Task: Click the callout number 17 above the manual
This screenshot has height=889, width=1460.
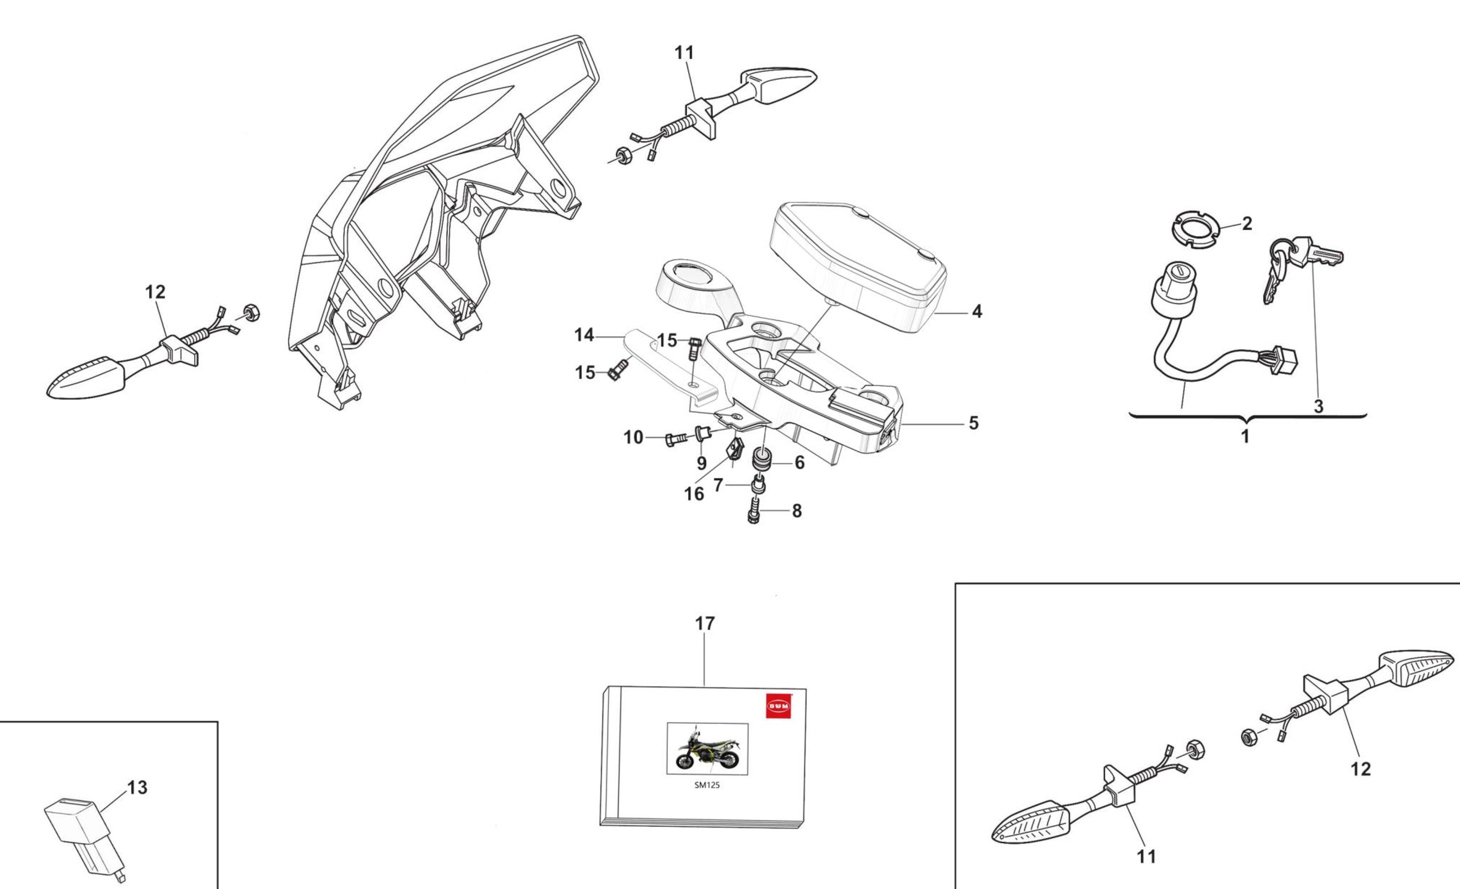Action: pyautogui.click(x=704, y=624)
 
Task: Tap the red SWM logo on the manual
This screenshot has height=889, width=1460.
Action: pyautogui.click(x=778, y=705)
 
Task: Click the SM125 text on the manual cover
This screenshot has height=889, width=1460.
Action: pyautogui.click(x=707, y=786)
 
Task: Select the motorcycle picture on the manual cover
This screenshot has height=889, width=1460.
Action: pyautogui.click(x=707, y=749)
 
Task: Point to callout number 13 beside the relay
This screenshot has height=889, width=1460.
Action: pyautogui.click(x=137, y=788)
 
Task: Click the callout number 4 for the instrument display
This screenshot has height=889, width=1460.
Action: pyautogui.click(x=977, y=311)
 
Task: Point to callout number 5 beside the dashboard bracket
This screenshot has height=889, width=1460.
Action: pyautogui.click(x=974, y=423)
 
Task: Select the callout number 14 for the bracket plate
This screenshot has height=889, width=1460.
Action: pyautogui.click(x=584, y=335)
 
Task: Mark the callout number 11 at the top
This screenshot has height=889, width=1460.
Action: pyautogui.click(x=684, y=53)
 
